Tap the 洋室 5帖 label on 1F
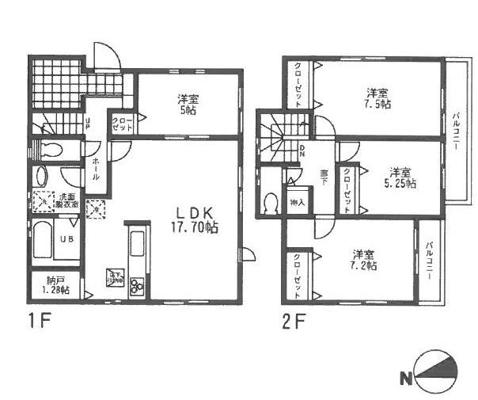(x=188, y=105)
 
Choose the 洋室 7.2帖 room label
(x=364, y=261)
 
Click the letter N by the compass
(x=406, y=379)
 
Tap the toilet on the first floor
(x=51, y=150)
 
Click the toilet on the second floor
(x=271, y=204)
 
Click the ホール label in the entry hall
(x=96, y=169)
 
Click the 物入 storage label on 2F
(x=298, y=202)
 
